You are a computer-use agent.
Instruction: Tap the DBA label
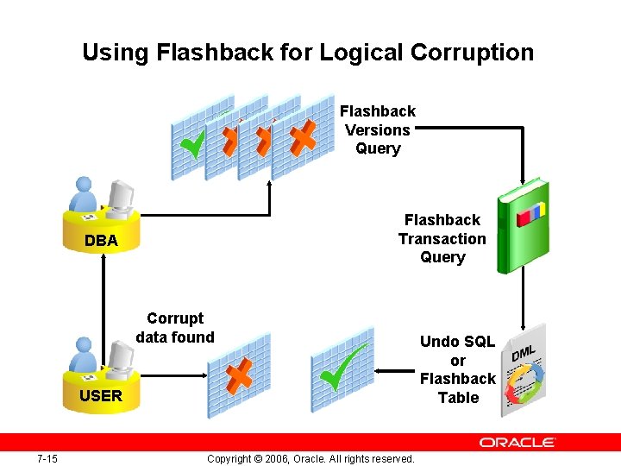[101, 241]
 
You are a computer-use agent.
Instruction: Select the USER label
[101, 396]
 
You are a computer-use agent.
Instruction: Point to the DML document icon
[526, 366]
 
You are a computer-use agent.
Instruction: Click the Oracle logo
[518, 443]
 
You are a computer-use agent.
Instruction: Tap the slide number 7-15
[47, 458]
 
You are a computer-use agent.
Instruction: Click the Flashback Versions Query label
[378, 130]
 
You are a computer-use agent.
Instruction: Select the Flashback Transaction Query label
[442, 239]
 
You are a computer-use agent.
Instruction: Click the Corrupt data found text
[175, 328]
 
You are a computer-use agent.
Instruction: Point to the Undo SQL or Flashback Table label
[457, 369]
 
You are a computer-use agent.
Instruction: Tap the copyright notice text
[310, 458]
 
